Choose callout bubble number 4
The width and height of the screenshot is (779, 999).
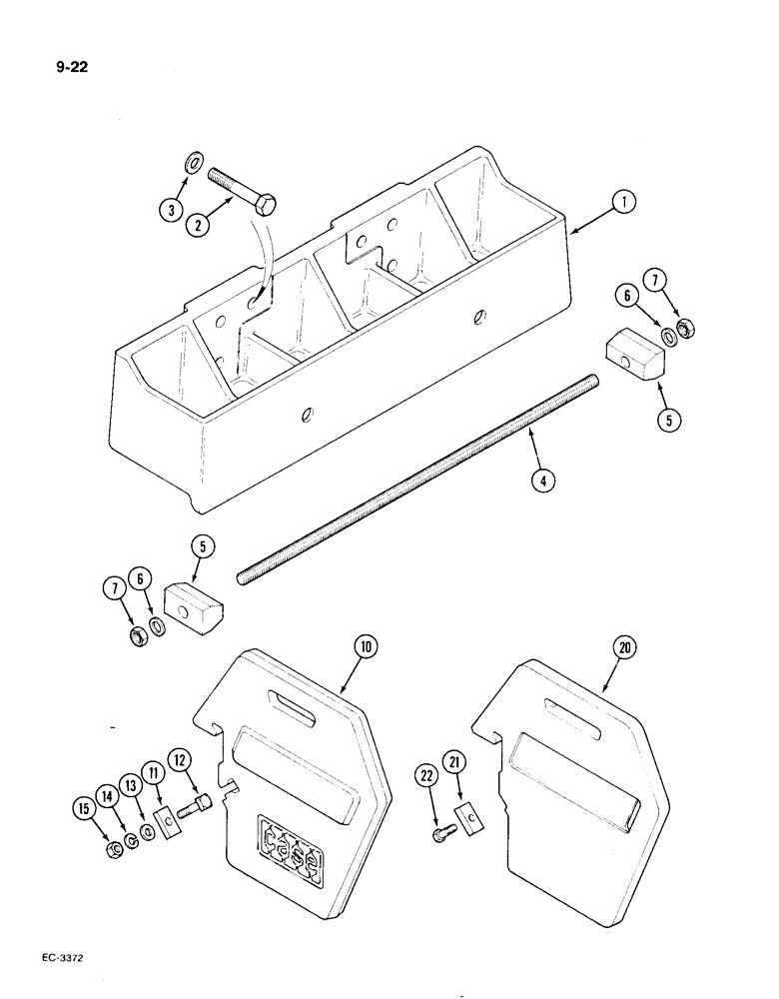click(x=541, y=480)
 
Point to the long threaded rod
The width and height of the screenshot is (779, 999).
click(x=419, y=478)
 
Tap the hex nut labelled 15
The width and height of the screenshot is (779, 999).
click(x=115, y=848)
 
